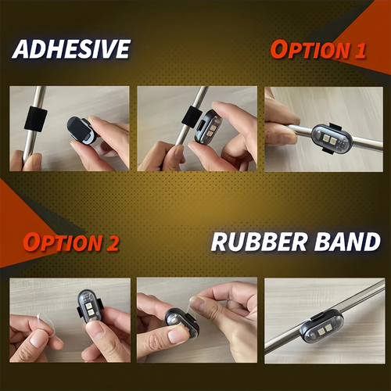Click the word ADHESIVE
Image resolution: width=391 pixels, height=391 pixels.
(x=71, y=49)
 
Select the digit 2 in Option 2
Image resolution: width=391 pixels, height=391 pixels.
(x=113, y=243)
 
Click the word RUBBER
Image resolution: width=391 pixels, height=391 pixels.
(x=260, y=242)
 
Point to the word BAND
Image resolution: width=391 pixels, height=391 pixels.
(x=347, y=242)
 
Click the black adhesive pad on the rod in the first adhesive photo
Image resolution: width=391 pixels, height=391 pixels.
(x=36, y=119)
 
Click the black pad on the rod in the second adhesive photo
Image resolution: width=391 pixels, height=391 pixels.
(x=192, y=117)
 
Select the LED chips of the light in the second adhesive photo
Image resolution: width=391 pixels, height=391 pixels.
(x=213, y=131)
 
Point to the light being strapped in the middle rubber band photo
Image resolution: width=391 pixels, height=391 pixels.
(x=182, y=323)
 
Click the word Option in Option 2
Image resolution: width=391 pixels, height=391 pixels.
(x=63, y=242)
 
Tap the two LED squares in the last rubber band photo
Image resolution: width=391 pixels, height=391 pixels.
(x=324, y=331)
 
